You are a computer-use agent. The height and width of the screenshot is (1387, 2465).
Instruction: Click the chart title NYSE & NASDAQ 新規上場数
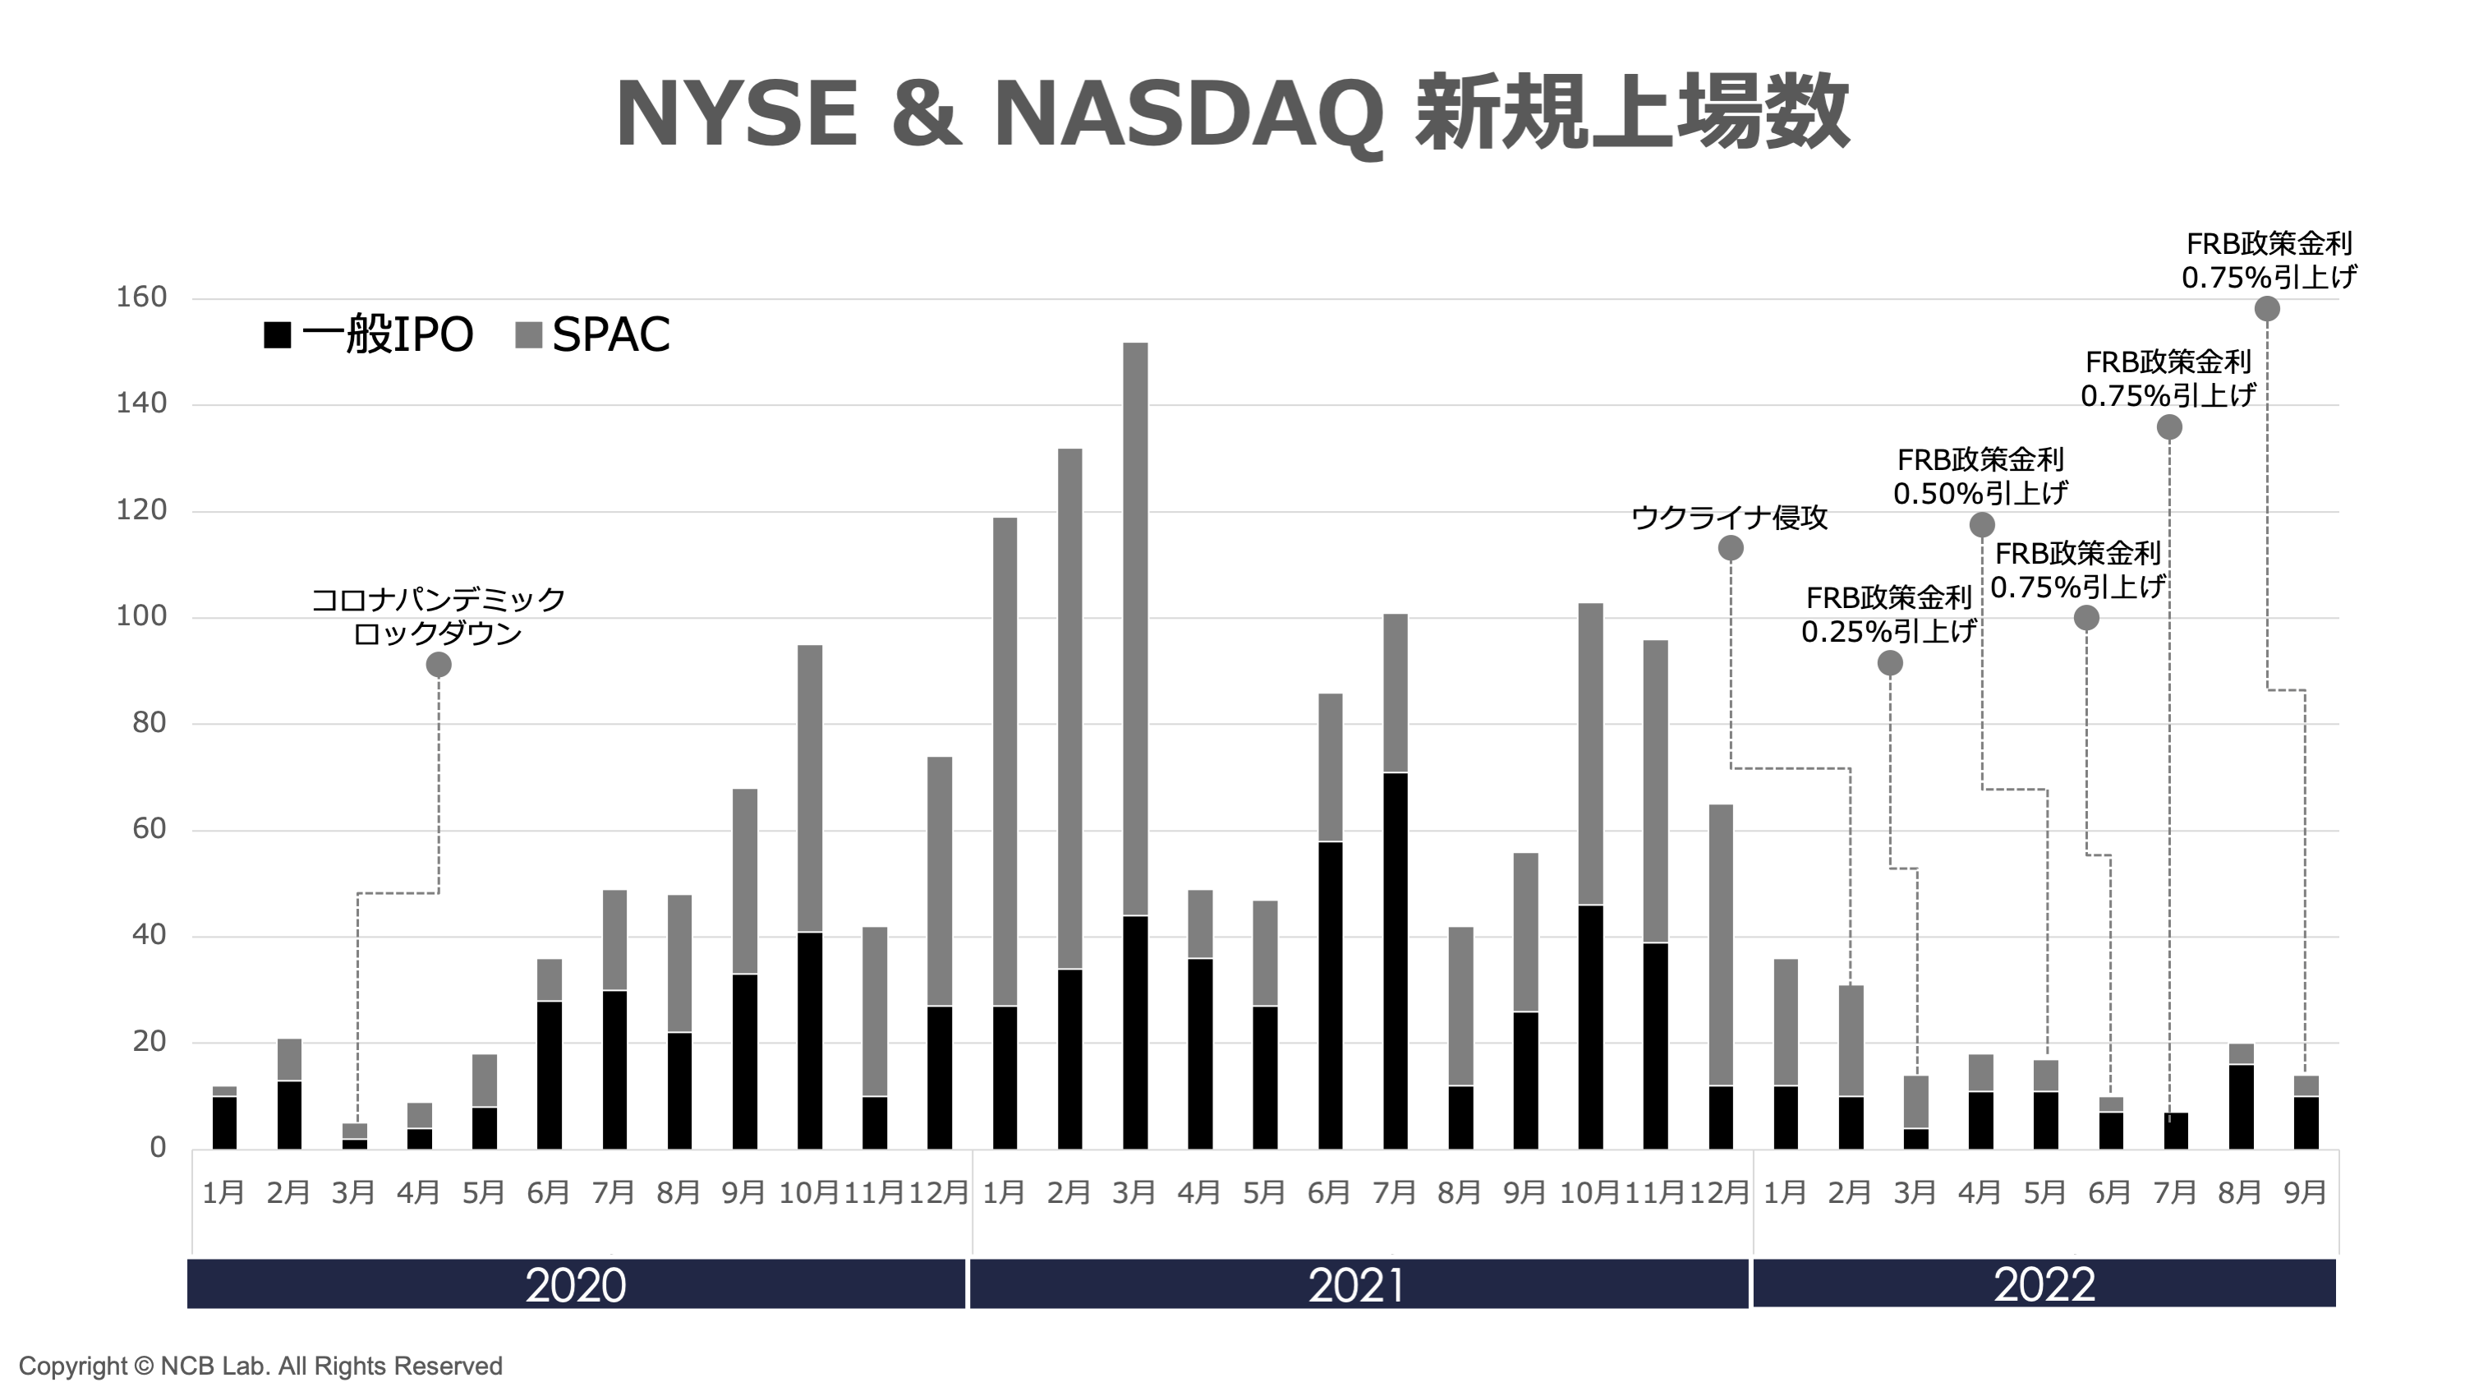click(x=1232, y=113)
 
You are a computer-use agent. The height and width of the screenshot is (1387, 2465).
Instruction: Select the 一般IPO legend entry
click(x=369, y=335)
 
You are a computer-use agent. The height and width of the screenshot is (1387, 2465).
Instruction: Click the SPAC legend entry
click(x=593, y=335)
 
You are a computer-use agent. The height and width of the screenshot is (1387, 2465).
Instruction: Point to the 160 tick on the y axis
click(x=141, y=297)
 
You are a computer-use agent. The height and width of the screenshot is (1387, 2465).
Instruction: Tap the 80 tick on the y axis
click(x=149, y=723)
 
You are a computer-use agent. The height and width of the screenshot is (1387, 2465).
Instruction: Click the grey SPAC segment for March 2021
click(x=1135, y=627)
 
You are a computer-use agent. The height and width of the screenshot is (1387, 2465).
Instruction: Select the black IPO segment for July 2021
click(x=1396, y=960)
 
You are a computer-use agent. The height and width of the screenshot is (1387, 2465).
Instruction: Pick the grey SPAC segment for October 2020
click(x=810, y=788)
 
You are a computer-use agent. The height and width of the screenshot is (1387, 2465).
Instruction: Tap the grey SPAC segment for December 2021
click(x=1721, y=945)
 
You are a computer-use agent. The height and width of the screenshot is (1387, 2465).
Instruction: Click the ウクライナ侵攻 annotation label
click(x=1729, y=518)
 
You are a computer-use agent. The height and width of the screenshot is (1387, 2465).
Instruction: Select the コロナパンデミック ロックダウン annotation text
click(x=439, y=616)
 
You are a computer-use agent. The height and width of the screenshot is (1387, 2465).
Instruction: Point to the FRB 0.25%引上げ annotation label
click(x=1888, y=615)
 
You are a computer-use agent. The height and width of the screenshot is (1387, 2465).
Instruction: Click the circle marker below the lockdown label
click(x=439, y=664)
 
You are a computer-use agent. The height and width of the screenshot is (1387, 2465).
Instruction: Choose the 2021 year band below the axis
click(x=1357, y=1284)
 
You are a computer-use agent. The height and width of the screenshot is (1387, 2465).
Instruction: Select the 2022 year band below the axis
click(x=2044, y=1284)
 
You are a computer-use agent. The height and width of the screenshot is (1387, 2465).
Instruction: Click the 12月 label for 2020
click(x=939, y=1193)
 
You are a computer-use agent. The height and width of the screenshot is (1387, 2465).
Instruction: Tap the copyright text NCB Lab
click(x=260, y=1366)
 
